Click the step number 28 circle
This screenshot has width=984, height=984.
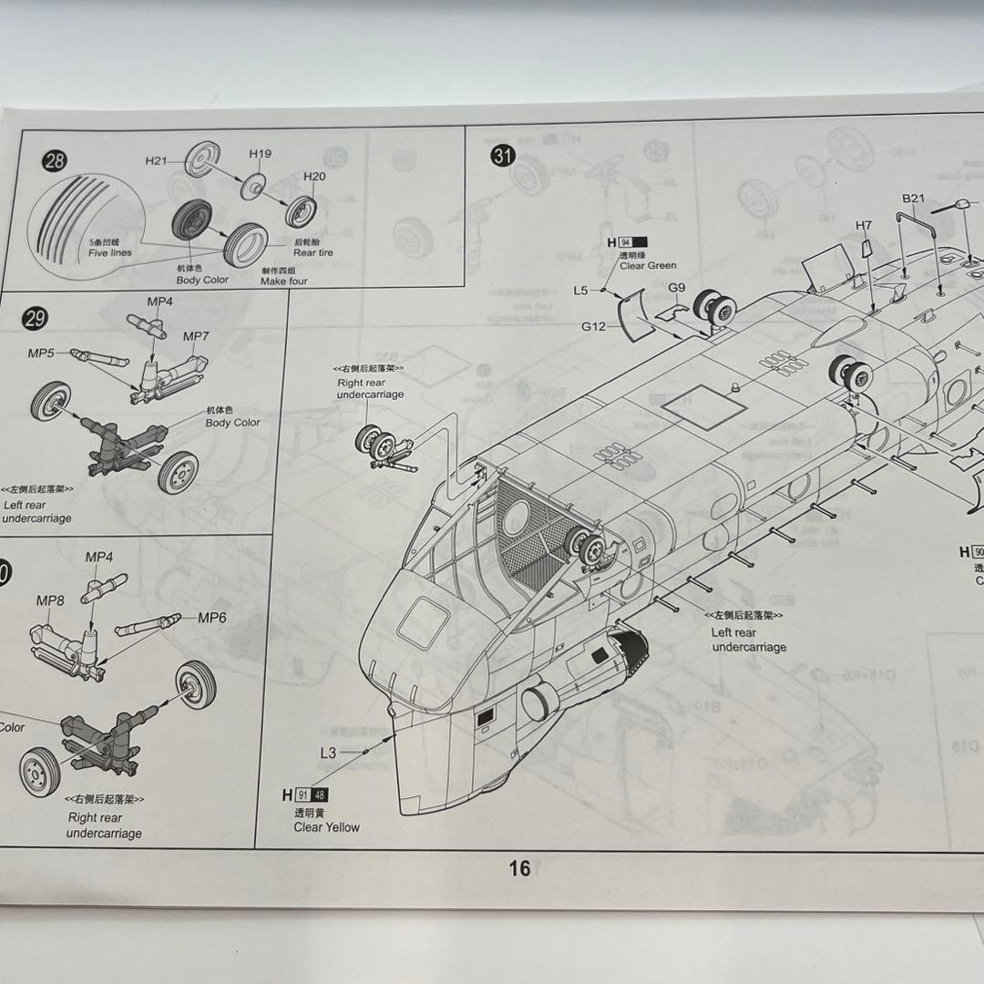pos(55,162)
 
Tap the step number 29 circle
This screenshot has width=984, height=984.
pos(36,318)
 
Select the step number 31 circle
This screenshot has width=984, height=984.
pos(502,156)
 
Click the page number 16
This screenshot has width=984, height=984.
pos(519,868)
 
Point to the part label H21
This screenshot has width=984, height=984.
pos(157,161)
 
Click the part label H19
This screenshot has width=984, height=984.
pos(260,154)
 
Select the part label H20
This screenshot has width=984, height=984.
pos(314,177)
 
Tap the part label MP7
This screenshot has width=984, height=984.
pos(196,336)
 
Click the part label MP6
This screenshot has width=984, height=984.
pos(212,617)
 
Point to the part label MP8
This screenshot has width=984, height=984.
pos(50,600)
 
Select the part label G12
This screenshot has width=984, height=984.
pos(595,325)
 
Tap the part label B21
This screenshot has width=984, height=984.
pos(913,198)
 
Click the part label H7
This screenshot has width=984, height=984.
pos(864,225)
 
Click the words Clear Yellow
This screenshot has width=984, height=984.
pos(326,827)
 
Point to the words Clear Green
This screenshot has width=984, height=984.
pos(648,265)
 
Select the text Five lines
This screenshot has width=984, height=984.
pos(110,253)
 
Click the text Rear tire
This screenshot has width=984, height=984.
pos(313,253)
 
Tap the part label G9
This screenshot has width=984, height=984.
pos(676,288)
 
